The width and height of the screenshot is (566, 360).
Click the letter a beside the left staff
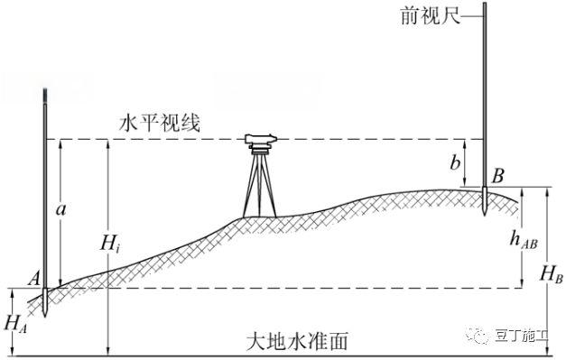click(61, 209)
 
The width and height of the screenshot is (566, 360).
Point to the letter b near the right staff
click(456, 162)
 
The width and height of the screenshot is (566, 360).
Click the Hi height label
click(110, 244)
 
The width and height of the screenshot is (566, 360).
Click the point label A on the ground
click(33, 281)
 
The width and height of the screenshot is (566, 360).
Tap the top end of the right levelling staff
click(486, 4)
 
